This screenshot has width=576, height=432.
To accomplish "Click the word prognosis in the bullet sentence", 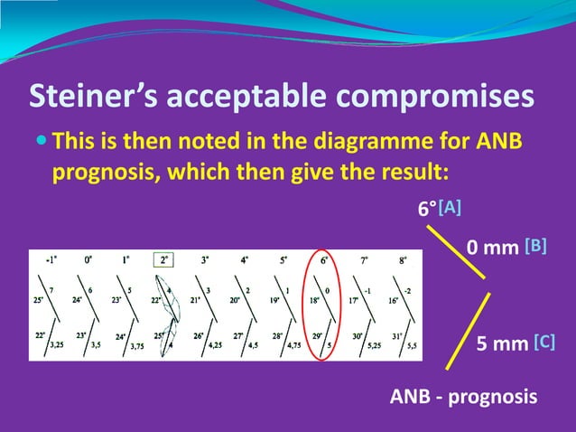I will click(99, 171).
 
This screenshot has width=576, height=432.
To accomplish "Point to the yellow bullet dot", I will click(40, 143).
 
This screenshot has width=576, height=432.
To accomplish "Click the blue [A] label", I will click(450, 207).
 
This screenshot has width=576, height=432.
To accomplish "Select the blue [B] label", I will click(534, 246).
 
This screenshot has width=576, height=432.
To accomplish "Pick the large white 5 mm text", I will click(502, 343).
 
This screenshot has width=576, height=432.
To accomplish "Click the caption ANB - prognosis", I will click(463, 397).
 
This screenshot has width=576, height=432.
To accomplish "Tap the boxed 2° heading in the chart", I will click(163, 260).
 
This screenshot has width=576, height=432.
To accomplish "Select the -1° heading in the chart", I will click(53, 259).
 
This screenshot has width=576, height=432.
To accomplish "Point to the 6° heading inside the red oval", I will click(323, 259).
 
